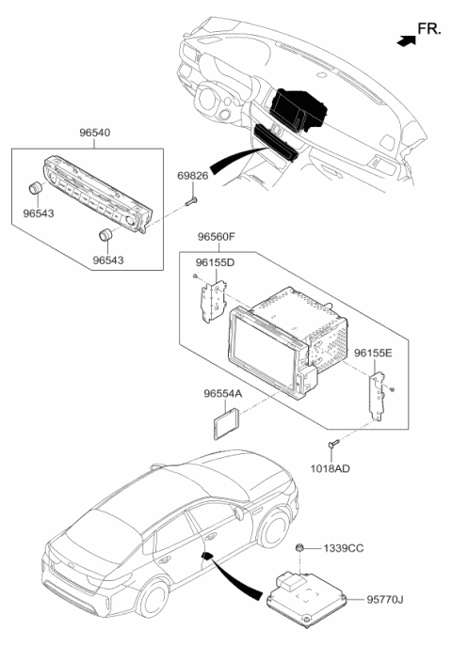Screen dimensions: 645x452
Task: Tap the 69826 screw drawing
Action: tap(191, 199)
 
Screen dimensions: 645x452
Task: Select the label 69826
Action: tap(194, 177)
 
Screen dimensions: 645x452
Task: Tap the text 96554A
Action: tap(223, 395)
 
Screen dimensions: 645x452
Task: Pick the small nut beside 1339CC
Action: tap(298, 548)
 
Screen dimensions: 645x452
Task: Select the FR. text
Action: tap(429, 31)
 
